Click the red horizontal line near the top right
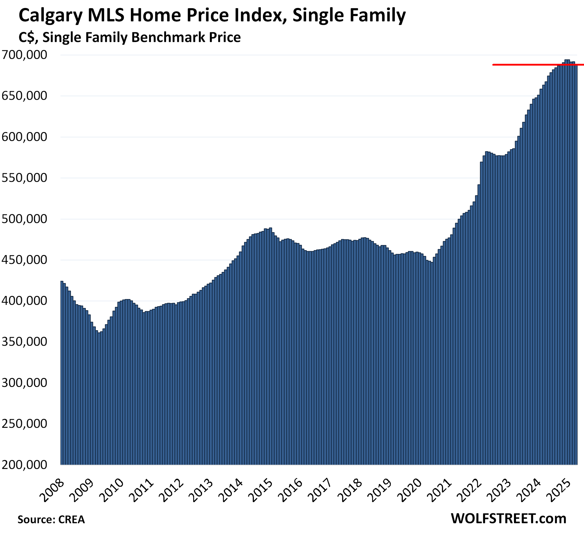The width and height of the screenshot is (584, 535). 521,65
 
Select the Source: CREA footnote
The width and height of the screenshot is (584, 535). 51,519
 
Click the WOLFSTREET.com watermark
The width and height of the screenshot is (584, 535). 508,518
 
